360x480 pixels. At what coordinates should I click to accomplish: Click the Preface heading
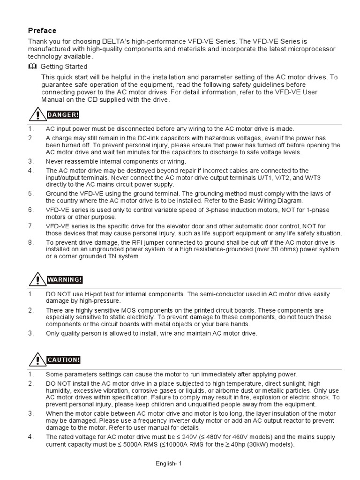(x=42, y=30)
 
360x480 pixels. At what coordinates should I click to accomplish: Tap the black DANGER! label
(x=63, y=115)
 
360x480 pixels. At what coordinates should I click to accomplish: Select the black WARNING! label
(x=65, y=280)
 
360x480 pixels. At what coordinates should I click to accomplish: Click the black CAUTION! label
(x=64, y=360)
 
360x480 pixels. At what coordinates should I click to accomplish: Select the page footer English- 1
(x=168, y=464)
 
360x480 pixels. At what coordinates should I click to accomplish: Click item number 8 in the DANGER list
(x=30, y=242)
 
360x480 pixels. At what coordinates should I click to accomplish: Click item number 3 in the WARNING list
(x=30, y=333)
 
